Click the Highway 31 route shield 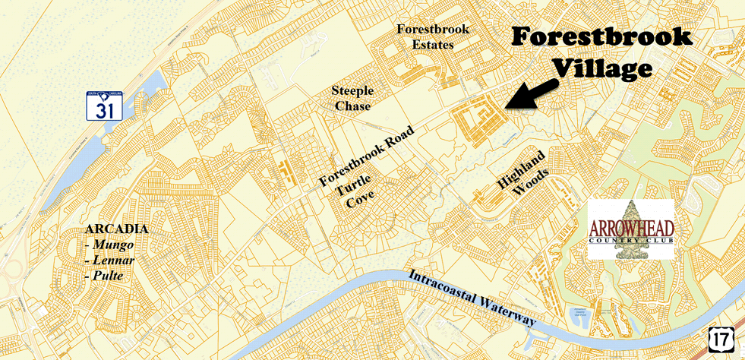(x=104, y=106)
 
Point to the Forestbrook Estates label (x=434, y=36)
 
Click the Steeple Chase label (x=352, y=99)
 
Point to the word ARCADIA (x=117, y=229)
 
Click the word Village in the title (x=602, y=68)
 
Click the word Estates (x=434, y=45)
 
